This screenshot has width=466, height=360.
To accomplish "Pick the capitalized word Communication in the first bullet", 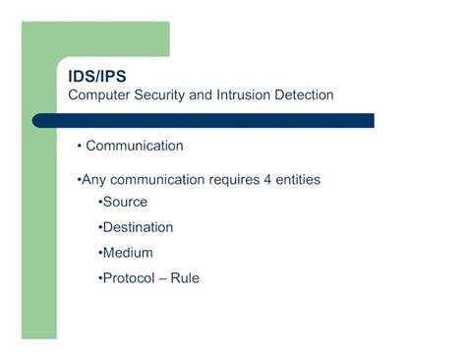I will (135, 147).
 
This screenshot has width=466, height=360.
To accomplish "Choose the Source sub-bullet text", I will (125, 203).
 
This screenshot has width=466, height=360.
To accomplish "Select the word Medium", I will (128, 253).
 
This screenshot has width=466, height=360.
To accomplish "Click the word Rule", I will (185, 278).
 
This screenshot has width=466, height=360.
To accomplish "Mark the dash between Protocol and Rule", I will (164, 279).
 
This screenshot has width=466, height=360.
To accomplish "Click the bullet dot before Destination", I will (100, 228).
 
